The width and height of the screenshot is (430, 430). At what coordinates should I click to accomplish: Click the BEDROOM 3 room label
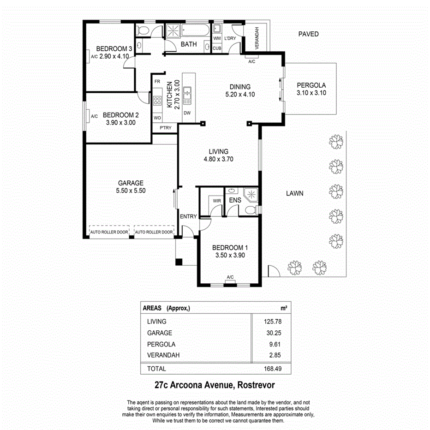click(x=114, y=48)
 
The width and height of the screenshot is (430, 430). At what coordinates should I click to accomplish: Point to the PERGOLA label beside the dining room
click(x=311, y=85)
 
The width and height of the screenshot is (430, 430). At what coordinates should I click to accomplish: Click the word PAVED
click(x=308, y=34)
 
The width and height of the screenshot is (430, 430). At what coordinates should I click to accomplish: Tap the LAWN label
click(x=294, y=193)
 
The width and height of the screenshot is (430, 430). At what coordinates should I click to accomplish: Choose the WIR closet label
click(x=216, y=201)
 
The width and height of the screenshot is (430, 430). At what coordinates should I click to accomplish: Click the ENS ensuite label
click(x=235, y=200)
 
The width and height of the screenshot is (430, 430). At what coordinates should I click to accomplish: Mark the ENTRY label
click(x=188, y=216)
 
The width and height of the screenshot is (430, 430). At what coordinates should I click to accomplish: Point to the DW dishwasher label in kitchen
click(x=187, y=113)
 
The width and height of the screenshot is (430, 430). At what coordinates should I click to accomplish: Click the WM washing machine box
click(x=217, y=38)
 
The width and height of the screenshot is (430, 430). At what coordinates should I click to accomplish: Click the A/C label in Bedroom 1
click(x=230, y=277)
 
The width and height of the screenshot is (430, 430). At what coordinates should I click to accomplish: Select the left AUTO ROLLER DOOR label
click(x=109, y=232)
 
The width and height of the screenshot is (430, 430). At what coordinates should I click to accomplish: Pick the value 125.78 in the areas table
click(x=271, y=322)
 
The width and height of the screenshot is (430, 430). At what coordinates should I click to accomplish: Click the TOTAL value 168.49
click(x=271, y=369)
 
